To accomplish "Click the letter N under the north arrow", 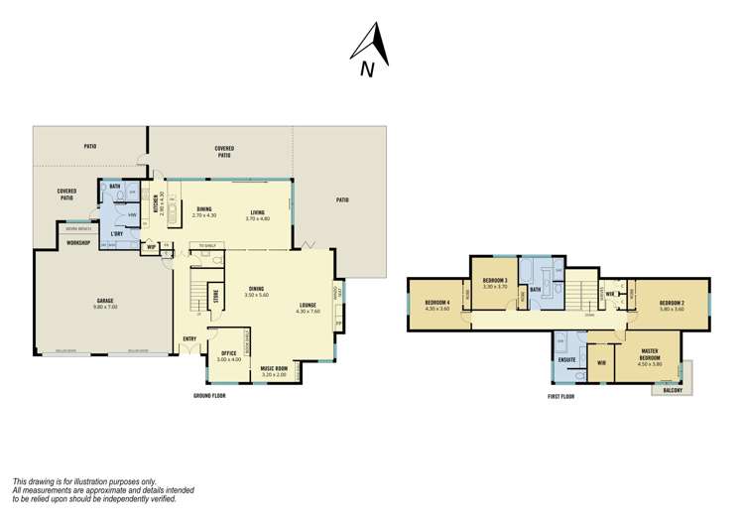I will [x=367, y=69].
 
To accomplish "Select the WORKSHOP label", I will [x=79, y=242].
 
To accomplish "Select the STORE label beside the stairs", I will [x=215, y=297].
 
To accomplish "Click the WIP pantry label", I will [x=152, y=247].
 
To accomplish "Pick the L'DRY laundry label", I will [x=116, y=234].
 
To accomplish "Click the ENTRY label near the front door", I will [x=188, y=338].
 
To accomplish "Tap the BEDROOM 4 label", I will [x=437, y=303].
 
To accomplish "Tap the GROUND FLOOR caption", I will [x=209, y=396].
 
